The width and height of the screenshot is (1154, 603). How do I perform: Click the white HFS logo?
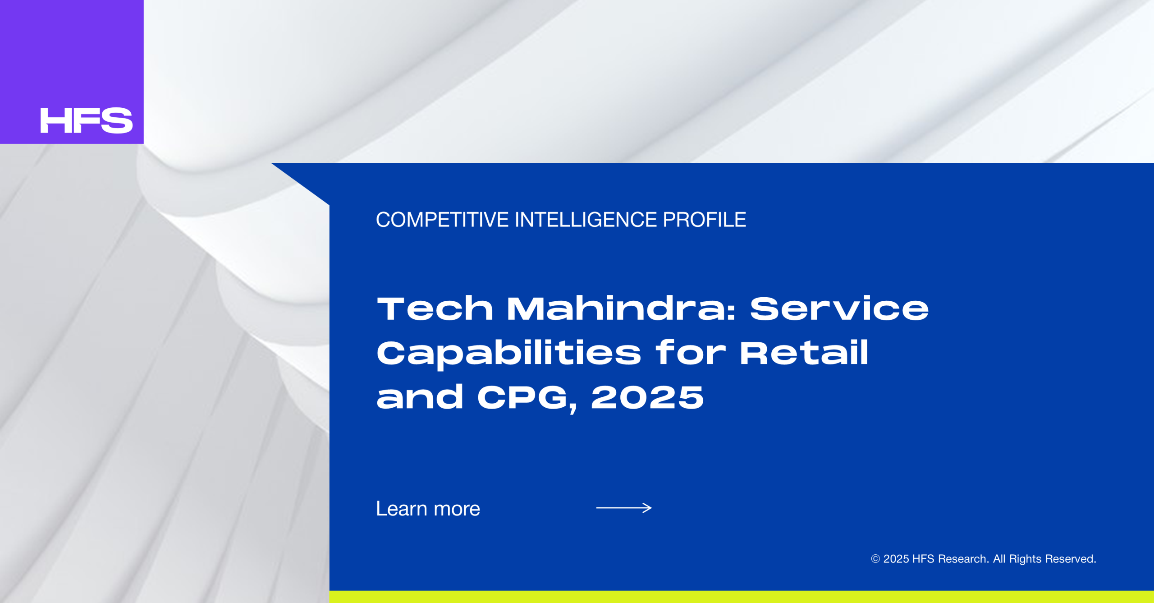click(x=87, y=120)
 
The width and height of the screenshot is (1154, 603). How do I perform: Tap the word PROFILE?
click(x=704, y=220)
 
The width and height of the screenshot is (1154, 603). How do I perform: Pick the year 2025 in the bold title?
click(x=647, y=397)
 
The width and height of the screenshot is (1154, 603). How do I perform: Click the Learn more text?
click(x=428, y=509)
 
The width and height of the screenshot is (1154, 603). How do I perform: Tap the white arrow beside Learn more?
click(x=624, y=508)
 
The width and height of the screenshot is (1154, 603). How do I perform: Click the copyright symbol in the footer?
click(x=875, y=559)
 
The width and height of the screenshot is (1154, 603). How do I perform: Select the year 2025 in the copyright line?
click(x=896, y=559)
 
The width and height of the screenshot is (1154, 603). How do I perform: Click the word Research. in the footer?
click(x=963, y=559)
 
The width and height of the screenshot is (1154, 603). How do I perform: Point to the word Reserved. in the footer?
click(x=1071, y=559)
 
